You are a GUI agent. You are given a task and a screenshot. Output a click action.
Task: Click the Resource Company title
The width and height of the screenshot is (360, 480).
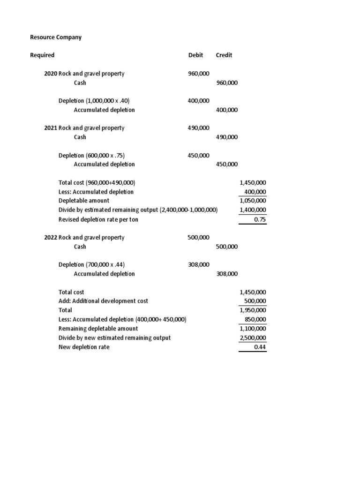click(x=56, y=37)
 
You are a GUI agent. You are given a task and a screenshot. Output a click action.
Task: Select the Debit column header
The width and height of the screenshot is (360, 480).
click(x=195, y=55)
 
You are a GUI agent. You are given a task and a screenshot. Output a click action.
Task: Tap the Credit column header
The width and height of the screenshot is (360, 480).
click(x=224, y=55)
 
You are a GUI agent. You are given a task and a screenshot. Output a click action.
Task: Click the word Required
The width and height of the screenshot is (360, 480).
click(x=42, y=55)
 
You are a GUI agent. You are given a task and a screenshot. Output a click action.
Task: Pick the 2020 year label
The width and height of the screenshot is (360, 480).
click(x=50, y=74)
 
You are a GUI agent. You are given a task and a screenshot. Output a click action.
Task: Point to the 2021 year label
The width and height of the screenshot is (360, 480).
click(x=50, y=128)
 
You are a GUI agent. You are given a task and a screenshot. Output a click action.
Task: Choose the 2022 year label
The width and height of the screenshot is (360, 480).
click(x=50, y=238)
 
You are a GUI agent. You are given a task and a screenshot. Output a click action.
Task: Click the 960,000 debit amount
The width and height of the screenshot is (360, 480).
click(x=199, y=74)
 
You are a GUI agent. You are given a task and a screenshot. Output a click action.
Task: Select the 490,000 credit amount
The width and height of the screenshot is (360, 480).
click(x=227, y=137)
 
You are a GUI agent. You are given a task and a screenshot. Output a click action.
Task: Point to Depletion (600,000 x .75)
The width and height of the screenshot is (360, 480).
click(x=91, y=156)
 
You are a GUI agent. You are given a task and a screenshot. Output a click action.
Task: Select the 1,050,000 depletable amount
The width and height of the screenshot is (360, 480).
click(x=253, y=201)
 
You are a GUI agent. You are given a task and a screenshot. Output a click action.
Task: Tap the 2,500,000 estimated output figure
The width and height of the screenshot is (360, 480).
click(x=253, y=338)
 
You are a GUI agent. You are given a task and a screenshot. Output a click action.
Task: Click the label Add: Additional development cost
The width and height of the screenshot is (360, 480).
click(x=103, y=301)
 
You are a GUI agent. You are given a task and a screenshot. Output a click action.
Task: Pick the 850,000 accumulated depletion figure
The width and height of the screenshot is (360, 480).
click(x=255, y=320)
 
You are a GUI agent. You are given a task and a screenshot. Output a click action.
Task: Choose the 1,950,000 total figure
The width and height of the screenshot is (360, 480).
click(x=253, y=310)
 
